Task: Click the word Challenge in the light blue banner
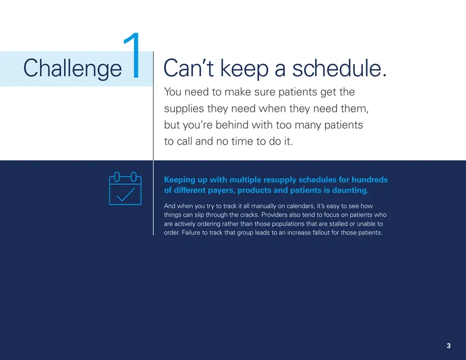72,69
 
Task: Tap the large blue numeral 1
133,55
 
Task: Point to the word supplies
184,109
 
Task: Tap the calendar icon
125,189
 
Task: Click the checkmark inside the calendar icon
125,195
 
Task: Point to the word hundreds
370,179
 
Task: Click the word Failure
191,233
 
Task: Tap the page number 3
449,346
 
